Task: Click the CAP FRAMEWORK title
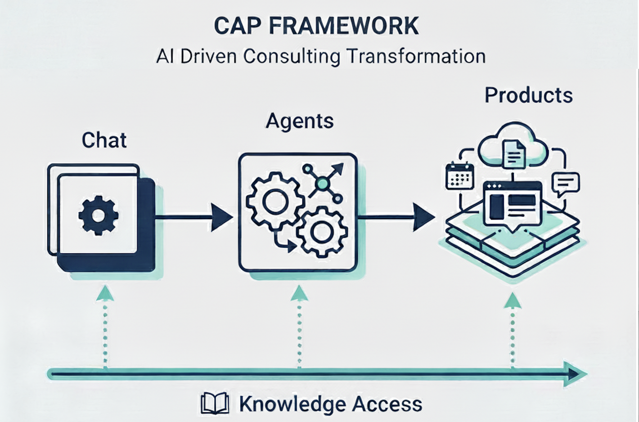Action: coord(316,26)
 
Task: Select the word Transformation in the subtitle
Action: coord(416,57)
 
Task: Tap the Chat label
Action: coord(104,140)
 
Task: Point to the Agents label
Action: coord(300,121)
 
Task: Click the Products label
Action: coord(528,95)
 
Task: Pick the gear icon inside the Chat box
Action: coord(98,215)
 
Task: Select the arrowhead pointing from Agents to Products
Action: coord(423,217)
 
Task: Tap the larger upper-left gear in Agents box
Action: coord(275,201)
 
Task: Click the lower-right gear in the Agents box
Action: coord(321,232)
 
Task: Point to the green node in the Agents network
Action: coord(322,183)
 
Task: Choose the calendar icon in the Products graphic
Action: coord(459,176)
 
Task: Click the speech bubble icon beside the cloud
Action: coord(565,184)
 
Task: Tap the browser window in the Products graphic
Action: coord(512,203)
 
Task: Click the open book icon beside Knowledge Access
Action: coord(215,404)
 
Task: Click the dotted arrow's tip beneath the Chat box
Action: coord(105,293)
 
